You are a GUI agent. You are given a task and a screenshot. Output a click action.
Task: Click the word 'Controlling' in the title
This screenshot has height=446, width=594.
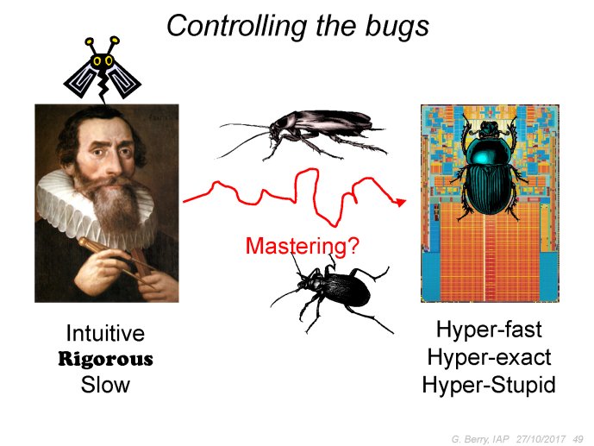click(x=236, y=27)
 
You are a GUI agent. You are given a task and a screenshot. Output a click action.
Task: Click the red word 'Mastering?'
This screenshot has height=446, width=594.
click(x=302, y=246)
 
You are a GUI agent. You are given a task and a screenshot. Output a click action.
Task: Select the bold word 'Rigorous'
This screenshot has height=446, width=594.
click(x=105, y=359)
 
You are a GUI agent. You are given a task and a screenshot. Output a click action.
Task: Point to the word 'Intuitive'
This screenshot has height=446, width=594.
click(x=105, y=333)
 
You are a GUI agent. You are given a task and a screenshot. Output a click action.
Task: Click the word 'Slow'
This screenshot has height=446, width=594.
click(x=105, y=385)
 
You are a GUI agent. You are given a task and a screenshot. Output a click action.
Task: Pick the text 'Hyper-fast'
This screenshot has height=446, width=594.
click(x=489, y=330)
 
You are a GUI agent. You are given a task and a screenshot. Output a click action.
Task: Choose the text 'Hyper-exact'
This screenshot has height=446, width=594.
click(x=489, y=357)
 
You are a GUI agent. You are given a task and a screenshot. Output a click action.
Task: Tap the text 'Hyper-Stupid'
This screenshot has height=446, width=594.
click(x=489, y=385)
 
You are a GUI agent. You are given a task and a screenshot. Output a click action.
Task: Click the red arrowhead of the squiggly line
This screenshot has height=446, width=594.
click(x=400, y=202)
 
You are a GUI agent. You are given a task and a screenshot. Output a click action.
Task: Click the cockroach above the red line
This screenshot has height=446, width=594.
click(x=303, y=134)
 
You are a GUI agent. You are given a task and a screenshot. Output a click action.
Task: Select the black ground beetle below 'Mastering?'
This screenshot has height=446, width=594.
click(x=331, y=292)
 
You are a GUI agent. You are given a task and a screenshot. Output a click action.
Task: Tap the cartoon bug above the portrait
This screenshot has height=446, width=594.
click(x=102, y=70)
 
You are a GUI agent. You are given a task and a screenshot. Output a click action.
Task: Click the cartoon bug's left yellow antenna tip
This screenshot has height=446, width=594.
click(x=90, y=41)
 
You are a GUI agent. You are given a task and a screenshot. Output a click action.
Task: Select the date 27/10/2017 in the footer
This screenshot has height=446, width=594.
click(x=541, y=439)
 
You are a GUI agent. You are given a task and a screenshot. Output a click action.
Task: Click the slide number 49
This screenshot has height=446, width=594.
click(x=578, y=439)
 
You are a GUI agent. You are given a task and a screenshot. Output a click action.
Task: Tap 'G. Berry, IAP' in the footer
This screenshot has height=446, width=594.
click(x=480, y=439)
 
